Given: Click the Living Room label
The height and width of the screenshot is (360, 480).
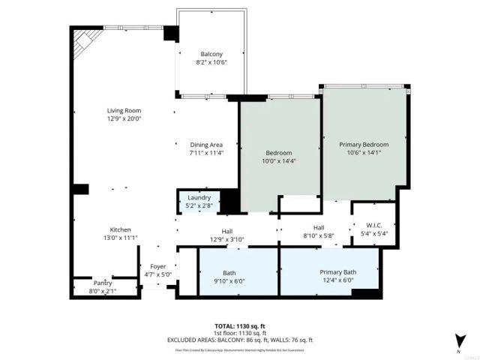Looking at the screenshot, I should [x=124, y=110].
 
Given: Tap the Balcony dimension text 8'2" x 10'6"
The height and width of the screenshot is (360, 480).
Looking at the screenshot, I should [x=211, y=63].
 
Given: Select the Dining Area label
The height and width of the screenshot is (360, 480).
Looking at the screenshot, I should [x=207, y=144].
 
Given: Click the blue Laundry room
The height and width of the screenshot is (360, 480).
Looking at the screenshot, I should [x=199, y=202].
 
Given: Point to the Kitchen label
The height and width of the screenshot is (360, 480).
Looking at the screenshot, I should [x=121, y=229].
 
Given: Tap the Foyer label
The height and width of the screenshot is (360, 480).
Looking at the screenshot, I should [x=158, y=266].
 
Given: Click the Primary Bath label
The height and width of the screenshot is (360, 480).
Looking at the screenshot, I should [x=338, y=271].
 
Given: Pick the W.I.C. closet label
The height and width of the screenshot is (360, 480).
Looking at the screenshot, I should [x=375, y=225].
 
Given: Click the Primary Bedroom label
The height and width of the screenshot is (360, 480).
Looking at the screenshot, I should [x=364, y=144].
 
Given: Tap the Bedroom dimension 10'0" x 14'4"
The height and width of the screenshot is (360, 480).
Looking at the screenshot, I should [x=279, y=161].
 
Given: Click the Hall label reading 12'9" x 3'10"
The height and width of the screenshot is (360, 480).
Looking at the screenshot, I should [x=226, y=239].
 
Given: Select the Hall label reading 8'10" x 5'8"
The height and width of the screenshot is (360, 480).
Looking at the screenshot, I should [x=318, y=236].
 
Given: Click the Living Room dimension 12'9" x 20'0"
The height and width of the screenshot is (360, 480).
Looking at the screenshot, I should [x=124, y=118].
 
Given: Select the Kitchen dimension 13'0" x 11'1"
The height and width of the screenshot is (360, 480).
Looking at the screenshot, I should [x=121, y=238].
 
